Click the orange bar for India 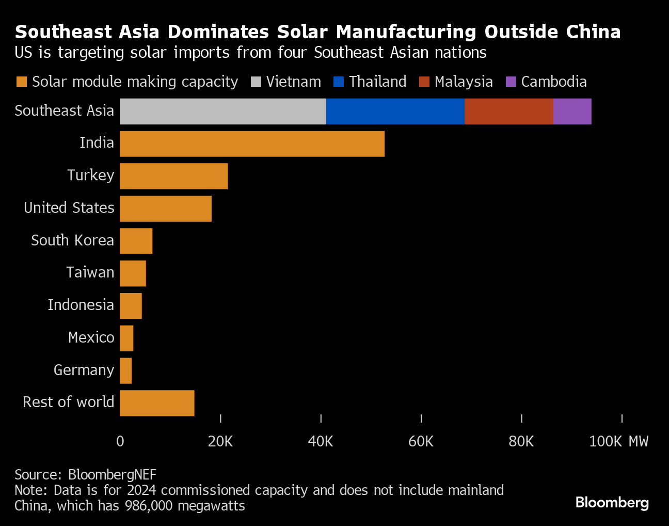coord(252,144)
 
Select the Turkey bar coord(173,176)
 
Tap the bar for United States coord(166,209)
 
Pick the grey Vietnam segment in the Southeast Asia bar coord(222,111)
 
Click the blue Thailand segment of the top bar coord(395,111)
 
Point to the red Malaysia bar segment coord(508,111)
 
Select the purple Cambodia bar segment coord(572,111)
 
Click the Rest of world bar coord(157,403)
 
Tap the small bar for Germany coord(125,370)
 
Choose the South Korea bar coord(136,241)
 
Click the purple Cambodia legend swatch coord(511,82)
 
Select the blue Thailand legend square coord(339,82)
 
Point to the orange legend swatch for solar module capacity coord(21,82)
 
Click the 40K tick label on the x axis coord(321,441)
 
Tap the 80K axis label coord(521,441)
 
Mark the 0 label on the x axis coord(120,441)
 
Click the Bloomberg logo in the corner coord(612,502)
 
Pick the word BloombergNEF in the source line coord(112,474)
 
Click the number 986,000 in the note coord(149,505)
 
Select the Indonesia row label coord(81,305)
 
